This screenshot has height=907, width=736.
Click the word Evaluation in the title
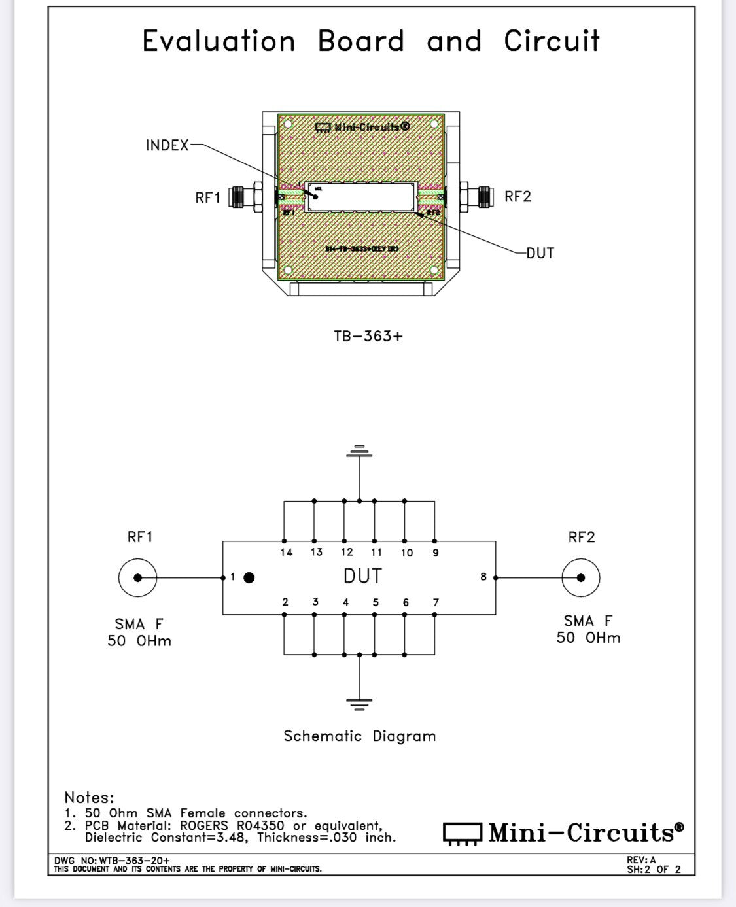(x=219, y=41)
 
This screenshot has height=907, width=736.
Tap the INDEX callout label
(x=167, y=145)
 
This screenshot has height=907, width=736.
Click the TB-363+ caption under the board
(x=368, y=336)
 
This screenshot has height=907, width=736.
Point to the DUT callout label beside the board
(x=540, y=253)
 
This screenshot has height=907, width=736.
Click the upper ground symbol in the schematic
(x=359, y=451)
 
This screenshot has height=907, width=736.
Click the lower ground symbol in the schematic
(x=359, y=704)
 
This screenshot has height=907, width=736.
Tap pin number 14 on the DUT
(x=286, y=553)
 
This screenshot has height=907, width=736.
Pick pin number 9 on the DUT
(x=436, y=553)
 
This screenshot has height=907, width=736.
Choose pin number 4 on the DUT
(x=345, y=602)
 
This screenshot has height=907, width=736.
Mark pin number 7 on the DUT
(x=436, y=602)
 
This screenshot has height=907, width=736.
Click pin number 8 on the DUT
(x=483, y=577)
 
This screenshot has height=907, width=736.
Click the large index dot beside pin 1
(x=249, y=577)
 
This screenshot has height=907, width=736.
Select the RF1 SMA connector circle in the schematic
(x=137, y=577)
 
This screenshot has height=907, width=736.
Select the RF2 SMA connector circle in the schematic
(x=580, y=577)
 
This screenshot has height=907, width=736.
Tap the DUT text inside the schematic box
(x=362, y=576)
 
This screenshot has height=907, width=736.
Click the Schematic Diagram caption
(x=359, y=736)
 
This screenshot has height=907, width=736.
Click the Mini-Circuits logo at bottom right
(x=563, y=833)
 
